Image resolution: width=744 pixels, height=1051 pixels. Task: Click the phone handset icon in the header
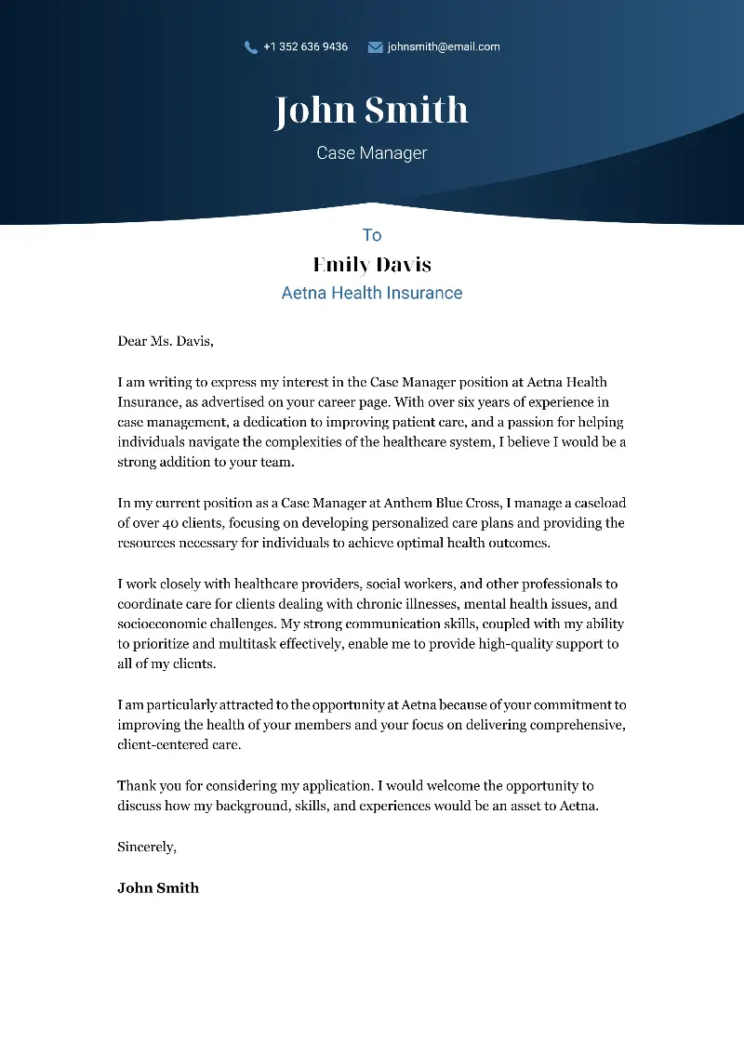coord(250,47)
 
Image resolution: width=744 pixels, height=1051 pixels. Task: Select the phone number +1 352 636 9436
coord(305,46)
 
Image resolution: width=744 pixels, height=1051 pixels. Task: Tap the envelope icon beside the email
coord(375,47)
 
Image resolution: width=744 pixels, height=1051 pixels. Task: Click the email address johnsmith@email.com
coord(444,46)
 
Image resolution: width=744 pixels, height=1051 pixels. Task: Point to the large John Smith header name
coord(371,111)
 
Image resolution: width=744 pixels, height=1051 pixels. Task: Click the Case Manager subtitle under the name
coord(371,153)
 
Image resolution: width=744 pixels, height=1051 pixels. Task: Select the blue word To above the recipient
coord(372,235)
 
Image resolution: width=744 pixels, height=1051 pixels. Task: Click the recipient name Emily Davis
coord(372,265)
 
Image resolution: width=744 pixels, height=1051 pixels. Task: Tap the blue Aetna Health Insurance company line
coord(372,293)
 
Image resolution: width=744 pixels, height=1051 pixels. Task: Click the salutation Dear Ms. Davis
coord(166,341)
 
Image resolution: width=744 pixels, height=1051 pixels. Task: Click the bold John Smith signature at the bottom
coord(158,887)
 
